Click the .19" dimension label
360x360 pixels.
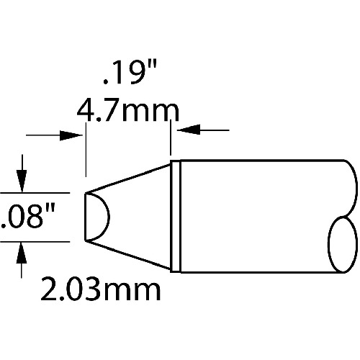(130, 72)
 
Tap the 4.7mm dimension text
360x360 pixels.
(128, 111)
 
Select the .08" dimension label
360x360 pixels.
(28, 217)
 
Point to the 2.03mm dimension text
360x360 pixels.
(101, 289)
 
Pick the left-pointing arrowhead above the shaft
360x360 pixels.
(189, 130)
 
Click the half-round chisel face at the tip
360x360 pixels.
(109, 217)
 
